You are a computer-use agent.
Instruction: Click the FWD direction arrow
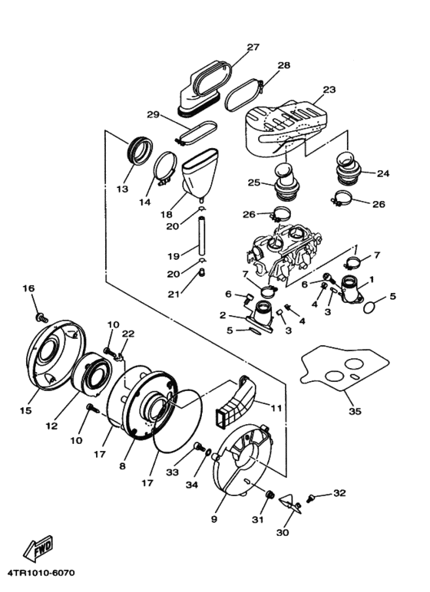point(38,548)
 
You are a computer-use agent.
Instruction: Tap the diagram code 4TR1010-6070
point(40,573)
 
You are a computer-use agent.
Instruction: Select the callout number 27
point(253,48)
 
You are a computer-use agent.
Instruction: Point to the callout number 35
point(355,411)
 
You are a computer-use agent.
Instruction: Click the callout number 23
point(329,90)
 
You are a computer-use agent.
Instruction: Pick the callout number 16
point(28,288)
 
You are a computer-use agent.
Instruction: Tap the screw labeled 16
point(41,317)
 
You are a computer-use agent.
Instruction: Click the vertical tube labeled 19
point(202,235)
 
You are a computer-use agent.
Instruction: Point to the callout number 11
point(276,407)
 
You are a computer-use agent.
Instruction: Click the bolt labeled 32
point(312,499)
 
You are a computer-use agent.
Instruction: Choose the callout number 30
point(283,532)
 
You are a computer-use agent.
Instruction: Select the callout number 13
point(122,189)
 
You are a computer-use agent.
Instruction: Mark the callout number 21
point(174,294)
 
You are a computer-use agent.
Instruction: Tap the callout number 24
point(382,173)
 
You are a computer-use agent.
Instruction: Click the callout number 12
point(51,426)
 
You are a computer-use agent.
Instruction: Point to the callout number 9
point(214,518)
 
